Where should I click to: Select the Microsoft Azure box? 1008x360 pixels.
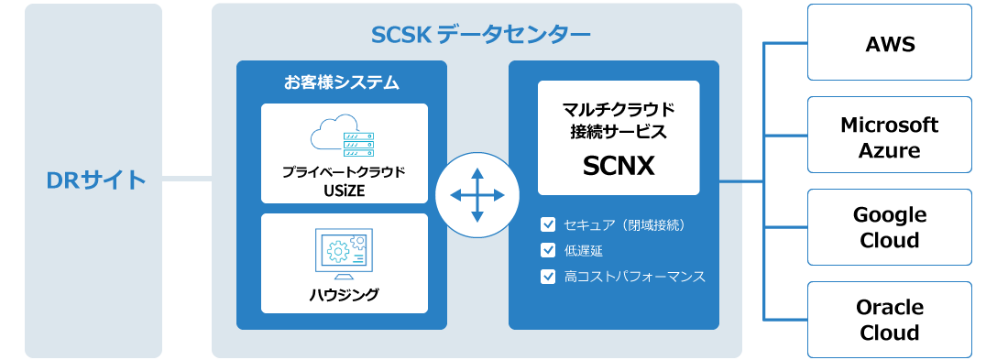coord(889,136)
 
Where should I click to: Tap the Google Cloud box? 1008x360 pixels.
coord(889,227)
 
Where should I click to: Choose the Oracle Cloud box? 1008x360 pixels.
coord(889,319)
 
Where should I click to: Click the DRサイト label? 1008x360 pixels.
coord(95,180)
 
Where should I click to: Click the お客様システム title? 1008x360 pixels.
coord(341,82)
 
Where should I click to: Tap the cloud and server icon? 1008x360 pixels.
coord(344,139)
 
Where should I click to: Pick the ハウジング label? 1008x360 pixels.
coord(344,295)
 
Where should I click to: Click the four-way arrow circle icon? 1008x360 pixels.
coord(477,195)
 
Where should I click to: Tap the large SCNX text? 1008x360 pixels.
coord(618,166)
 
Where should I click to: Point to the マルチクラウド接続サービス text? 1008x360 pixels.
coord(618,120)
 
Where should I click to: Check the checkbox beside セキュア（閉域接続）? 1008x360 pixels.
coord(549,224)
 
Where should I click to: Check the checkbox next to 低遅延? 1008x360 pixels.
coord(549,249)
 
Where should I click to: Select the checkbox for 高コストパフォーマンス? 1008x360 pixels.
coord(549,275)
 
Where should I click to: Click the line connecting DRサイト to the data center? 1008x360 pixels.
coord(187,179)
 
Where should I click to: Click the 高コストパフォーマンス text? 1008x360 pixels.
coord(635,275)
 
